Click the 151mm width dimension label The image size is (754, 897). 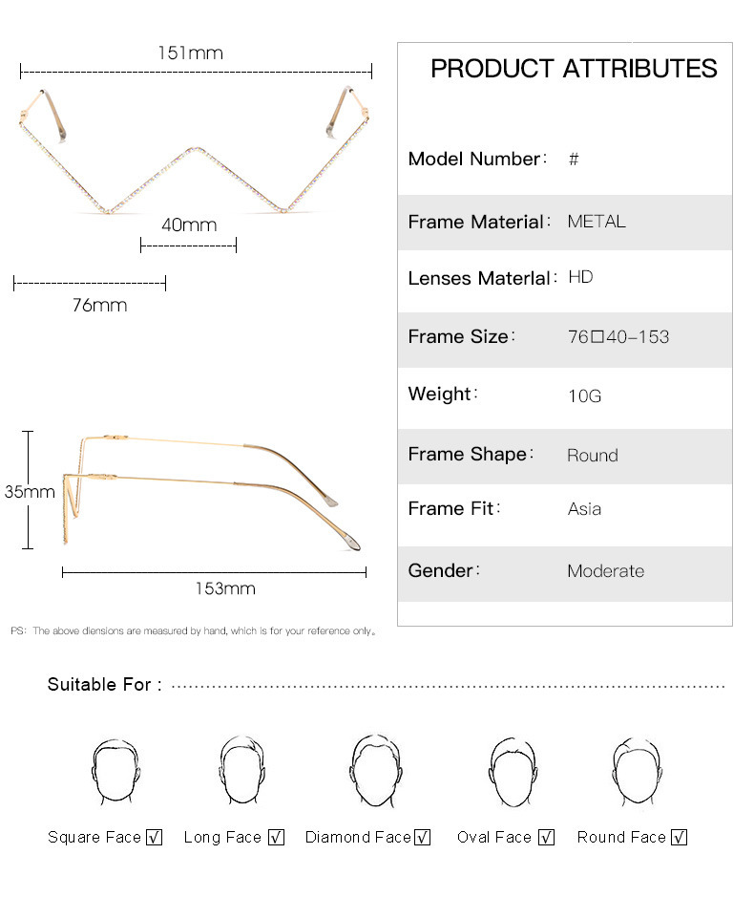point(191,53)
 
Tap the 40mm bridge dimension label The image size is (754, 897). point(189,225)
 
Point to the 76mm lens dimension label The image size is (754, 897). point(99,305)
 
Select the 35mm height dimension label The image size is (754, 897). point(30,492)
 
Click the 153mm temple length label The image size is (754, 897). point(225,588)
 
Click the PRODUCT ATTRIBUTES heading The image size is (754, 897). point(574,69)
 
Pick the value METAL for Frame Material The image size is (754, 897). point(597,222)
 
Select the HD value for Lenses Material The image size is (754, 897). point(580,277)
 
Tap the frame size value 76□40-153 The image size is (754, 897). point(618,337)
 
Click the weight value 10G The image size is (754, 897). point(584,395)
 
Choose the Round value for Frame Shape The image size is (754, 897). point(593,456)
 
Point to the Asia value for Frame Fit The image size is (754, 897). point(584,509)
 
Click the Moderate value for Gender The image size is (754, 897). point(605,571)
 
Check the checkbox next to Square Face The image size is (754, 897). point(155,838)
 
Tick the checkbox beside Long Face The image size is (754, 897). point(276,838)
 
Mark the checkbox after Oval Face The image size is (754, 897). point(546,838)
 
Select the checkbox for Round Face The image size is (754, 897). point(679,838)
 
